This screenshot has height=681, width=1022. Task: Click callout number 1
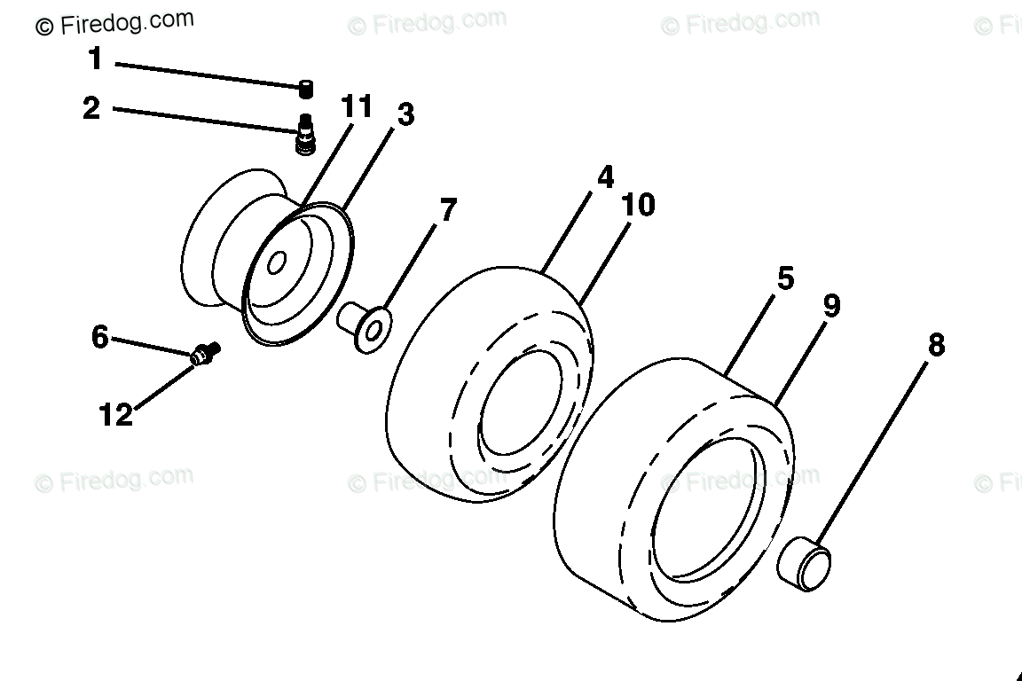[x=95, y=60]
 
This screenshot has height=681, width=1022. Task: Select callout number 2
[x=91, y=109]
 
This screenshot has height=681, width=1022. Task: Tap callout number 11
[x=357, y=106]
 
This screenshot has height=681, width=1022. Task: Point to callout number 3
[x=405, y=114]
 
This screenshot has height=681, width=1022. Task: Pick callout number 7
[x=448, y=210]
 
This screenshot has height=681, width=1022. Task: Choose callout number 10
[x=638, y=205]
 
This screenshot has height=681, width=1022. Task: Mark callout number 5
[x=785, y=278]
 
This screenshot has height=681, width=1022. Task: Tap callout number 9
[x=830, y=306]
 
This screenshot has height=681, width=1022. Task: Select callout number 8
[x=936, y=346]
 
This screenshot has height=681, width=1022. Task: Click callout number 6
[x=99, y=337]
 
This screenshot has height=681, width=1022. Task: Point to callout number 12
[x=116, y=414]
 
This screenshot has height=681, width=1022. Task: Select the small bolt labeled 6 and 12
[x=206, y=354]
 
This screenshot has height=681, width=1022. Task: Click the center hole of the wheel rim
[x=277, y=262]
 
